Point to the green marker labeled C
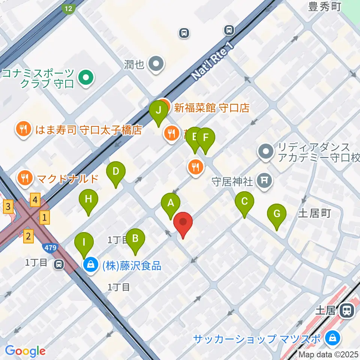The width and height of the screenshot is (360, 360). click(x=244, y=203)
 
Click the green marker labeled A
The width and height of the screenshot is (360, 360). click(x=171, y=205)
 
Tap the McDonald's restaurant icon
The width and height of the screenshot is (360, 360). click(x=25, y=178)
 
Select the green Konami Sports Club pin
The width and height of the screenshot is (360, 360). click(x=86, y=78)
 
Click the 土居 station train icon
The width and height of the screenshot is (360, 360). click(x=347, y=310)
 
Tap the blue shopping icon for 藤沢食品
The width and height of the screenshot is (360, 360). click(x=91, y=265)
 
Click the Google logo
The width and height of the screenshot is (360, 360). click(x=25, y=351)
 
